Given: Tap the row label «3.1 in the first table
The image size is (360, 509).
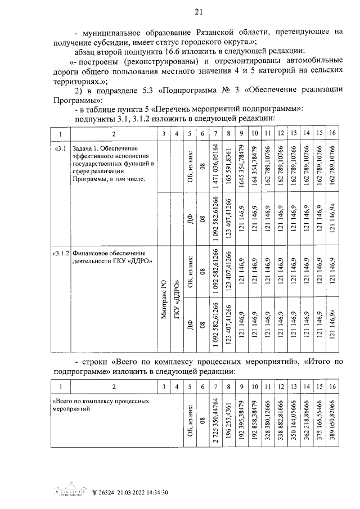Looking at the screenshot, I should [60, 148].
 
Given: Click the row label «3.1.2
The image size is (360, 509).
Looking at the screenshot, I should [62, 254].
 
